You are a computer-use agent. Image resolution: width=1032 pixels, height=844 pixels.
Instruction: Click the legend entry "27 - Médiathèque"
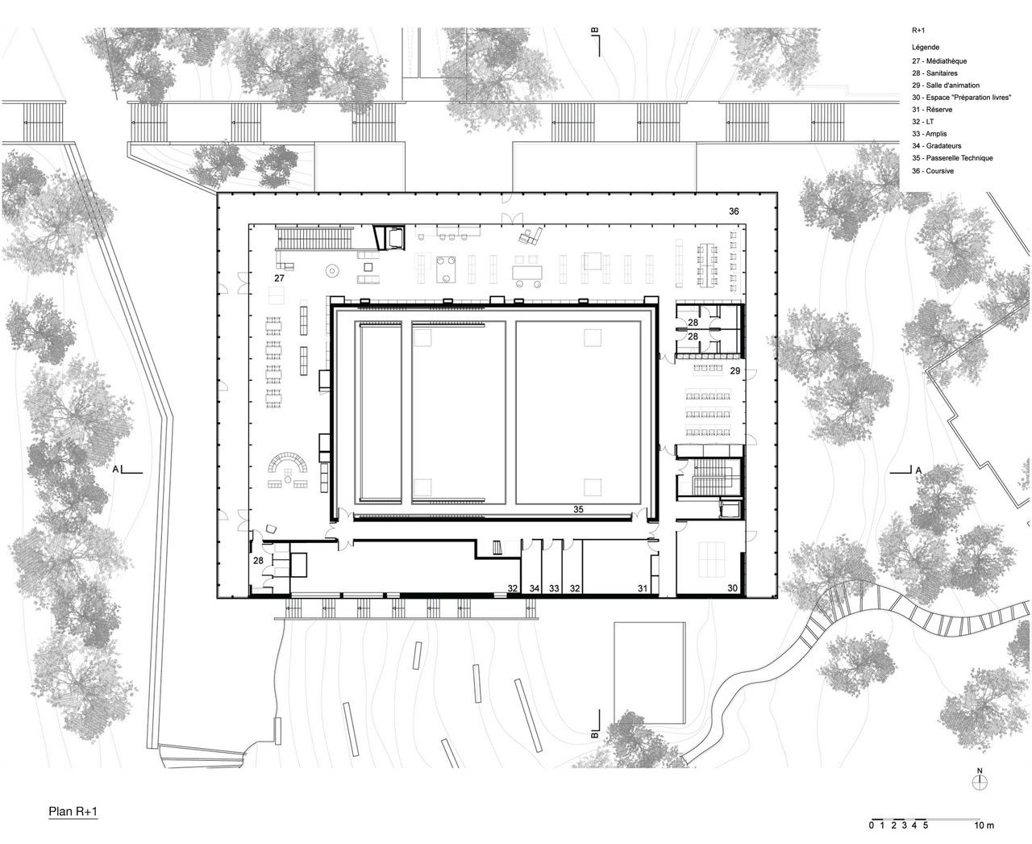pos(939,61)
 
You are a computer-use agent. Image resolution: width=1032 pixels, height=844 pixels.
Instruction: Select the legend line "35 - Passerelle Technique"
pos(952,158)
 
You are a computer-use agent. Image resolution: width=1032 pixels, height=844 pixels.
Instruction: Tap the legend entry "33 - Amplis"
pos(930,134)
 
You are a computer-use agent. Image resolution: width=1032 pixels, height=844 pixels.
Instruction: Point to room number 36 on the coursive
pos(734,211)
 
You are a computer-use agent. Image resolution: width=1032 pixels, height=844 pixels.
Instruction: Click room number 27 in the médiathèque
pos(279,278)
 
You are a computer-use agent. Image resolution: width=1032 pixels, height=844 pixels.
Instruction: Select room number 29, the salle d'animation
pos(735,371)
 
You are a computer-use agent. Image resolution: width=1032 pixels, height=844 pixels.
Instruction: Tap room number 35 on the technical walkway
pos(578,509)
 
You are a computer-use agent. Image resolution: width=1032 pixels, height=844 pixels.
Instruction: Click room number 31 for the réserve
pos(643,588)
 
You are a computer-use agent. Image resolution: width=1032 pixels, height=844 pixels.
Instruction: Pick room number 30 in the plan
pos(732,588)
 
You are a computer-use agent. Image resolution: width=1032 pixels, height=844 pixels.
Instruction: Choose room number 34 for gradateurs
pos(535,588)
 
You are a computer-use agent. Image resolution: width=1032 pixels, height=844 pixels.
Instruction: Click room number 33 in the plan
pos(554,588)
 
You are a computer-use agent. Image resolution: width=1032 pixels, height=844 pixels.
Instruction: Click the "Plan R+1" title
pos(73,811)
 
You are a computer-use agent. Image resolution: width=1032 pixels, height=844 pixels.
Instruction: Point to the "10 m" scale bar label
pos(984,825)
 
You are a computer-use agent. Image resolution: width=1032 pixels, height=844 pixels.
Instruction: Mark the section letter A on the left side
pos(115,470)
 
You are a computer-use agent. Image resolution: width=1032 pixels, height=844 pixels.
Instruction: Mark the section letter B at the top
pos(595,31)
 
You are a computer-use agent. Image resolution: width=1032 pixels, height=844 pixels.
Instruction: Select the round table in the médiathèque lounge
pos(333,270)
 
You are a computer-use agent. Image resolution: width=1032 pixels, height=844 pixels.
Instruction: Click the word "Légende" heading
pos(926,48)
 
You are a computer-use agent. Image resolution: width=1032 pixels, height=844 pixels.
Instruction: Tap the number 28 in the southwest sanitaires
pos(258,561)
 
